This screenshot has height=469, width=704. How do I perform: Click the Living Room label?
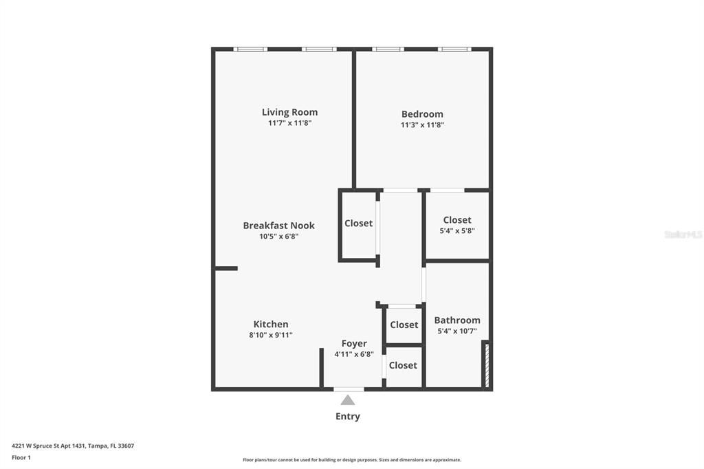point(289,112)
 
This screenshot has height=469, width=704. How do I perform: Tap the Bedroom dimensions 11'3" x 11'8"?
point(422,125)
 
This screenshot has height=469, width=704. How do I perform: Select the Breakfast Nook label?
point(279,226)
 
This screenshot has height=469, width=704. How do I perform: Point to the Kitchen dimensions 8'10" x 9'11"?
point(271,335)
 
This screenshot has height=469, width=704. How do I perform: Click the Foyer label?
point(354,344)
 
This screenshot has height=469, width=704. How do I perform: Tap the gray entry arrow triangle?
point(347,400)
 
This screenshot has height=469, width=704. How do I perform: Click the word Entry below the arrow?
point(348,417)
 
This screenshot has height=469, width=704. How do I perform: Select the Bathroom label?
point(457,320)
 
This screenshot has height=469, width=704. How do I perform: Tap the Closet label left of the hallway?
point(358,223)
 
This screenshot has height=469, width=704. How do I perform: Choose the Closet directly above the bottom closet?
point(404,325)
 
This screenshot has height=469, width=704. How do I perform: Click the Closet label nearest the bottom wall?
point(403,366)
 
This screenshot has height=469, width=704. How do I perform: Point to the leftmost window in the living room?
point(250,49)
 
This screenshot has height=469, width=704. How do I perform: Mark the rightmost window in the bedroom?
point(454,49)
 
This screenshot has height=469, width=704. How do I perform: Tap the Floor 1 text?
point(21,458)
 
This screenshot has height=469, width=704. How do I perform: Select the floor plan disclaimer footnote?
point(352,460)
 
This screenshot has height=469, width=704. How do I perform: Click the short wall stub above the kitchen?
point(226,269)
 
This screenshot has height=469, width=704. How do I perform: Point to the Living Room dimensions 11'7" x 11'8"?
point(289,123)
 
